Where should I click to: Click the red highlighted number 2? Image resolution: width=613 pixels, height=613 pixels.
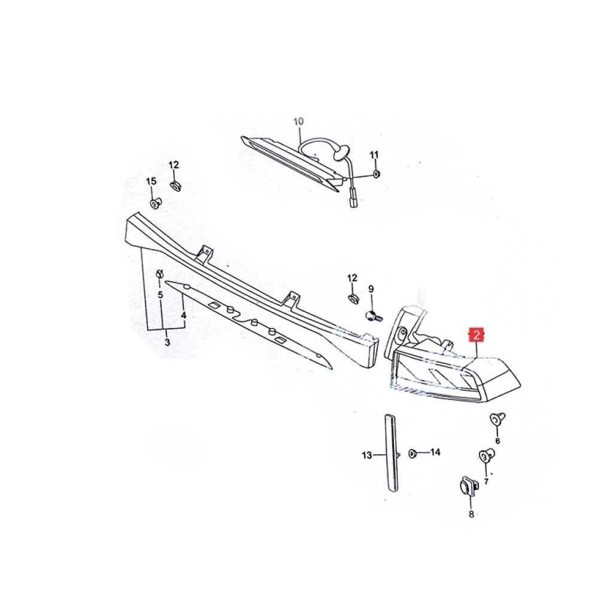click(477, 335)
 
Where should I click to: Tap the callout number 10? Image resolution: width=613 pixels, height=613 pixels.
click(298, 122)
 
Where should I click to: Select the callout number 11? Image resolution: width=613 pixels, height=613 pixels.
click(374, 155)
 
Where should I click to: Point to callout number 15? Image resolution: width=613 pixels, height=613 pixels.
click(151, 181)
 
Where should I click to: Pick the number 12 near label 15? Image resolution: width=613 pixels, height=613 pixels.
click(174, 165)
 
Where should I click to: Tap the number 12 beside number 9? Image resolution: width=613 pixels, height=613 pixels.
click(352, 278)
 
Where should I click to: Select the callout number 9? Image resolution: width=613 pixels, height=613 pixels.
click(371, 289)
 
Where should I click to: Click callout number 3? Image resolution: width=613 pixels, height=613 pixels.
click(168, 342)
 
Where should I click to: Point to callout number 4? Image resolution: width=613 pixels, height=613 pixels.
click(183, 315)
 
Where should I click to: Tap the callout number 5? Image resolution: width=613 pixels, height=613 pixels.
click(160, 295)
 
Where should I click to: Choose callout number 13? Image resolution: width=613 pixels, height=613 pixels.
click(367, 455)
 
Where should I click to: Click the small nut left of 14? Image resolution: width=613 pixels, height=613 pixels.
click(412, 454)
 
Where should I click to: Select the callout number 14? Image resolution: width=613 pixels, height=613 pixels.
click(435, 452)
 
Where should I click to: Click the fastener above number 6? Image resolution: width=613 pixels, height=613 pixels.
click(497, 419)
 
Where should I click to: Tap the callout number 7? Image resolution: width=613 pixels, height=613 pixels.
click(486, 481)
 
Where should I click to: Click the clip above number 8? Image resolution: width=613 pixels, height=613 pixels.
click(468, 486)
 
